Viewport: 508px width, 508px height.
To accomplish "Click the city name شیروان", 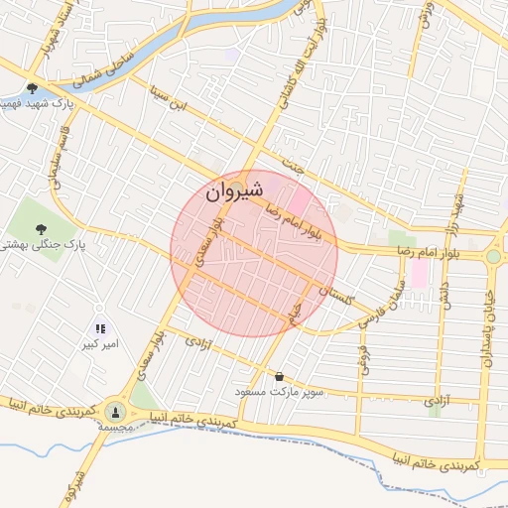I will pyautogui.click(x=236, y=192).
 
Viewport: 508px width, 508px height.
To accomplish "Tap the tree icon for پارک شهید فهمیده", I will pyautogui.click(x=33, y=88).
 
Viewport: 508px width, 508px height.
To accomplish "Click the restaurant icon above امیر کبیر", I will pyautogui.click(x=99, y=328).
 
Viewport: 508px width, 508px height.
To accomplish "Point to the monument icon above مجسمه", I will pyautogui.click(x=116, y=411).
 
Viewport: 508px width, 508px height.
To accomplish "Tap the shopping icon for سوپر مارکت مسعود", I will pyautogui.click(x=279, y=377).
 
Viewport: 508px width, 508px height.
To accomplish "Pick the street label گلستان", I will pyautogui.click(x=340, y=290).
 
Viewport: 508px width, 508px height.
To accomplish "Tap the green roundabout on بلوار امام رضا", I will pyautogui.click(x=493, y=257).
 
